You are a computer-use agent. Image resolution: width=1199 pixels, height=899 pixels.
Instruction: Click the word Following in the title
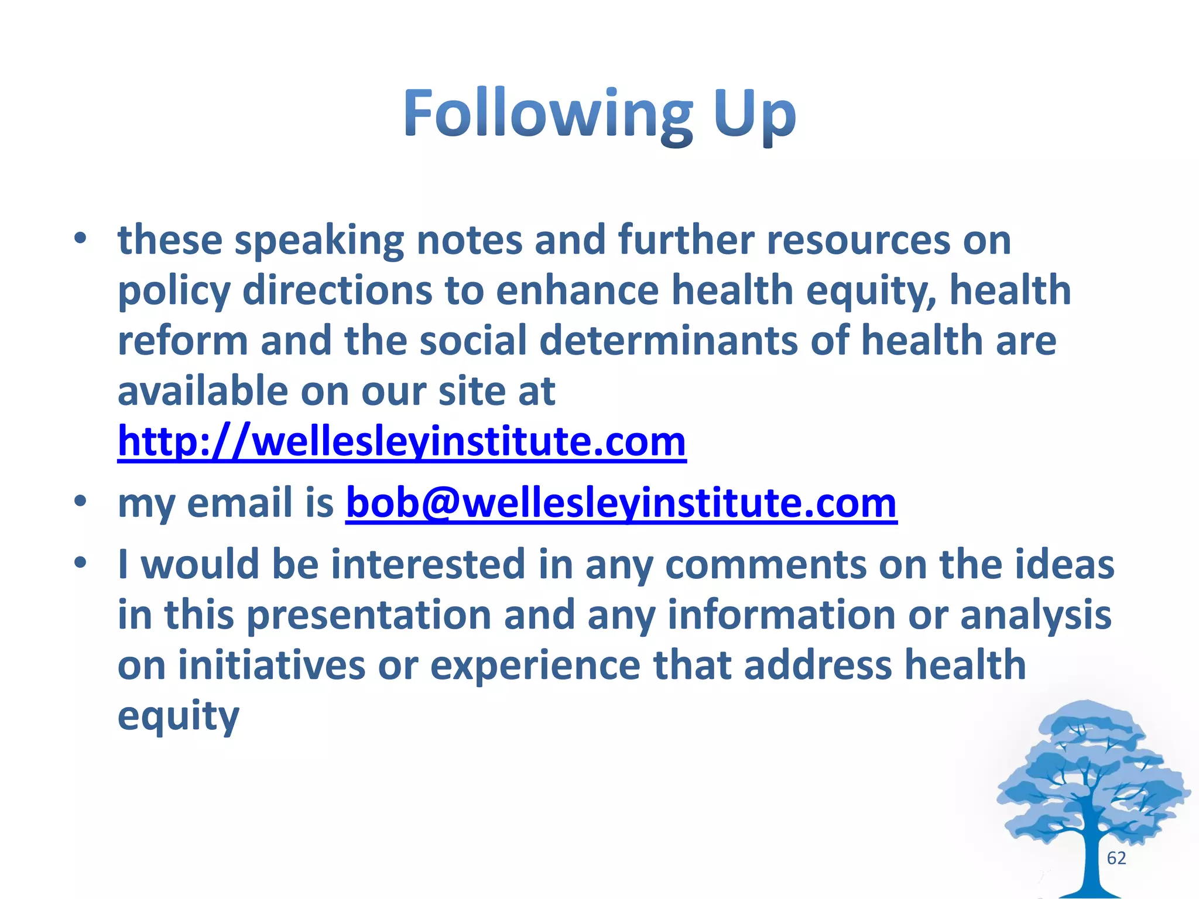tap(547, 114)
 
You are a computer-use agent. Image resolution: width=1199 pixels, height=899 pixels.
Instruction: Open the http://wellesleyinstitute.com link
tap(402, 442)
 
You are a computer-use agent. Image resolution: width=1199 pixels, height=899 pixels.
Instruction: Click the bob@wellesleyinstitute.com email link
tap(621, 503)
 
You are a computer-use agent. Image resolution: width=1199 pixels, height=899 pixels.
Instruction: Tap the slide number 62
tap(1116, 858)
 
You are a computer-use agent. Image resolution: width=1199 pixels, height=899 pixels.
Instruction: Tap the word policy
tap(174, 291)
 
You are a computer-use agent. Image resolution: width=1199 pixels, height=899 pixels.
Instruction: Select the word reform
tap(183, 341)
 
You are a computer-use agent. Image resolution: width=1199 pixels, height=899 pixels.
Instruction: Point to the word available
tap(203, 391)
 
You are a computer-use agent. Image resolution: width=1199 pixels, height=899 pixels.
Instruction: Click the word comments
tap(765, 565)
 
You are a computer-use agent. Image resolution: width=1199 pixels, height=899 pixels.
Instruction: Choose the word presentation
tap(368, 616)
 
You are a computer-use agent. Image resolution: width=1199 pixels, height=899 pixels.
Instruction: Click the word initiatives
tap(272, 665)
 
